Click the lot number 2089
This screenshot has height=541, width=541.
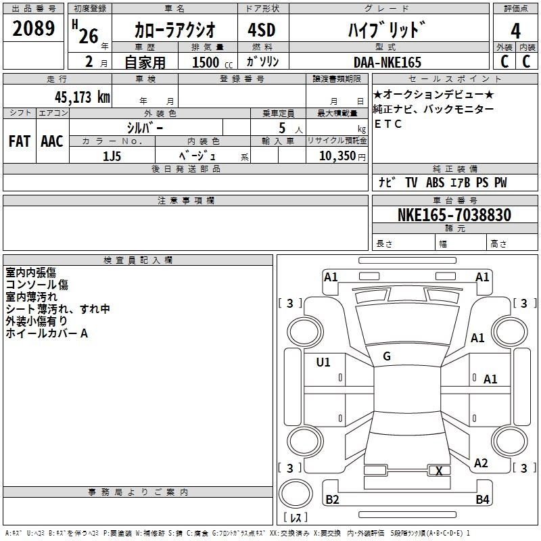coord(34,29)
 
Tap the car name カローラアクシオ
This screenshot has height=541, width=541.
coord(174,30)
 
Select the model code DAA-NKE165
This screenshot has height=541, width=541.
coord(387,62)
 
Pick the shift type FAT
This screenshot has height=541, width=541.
coord(20,141)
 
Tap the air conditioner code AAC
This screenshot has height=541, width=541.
coord(52,141)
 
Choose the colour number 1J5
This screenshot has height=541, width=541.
coord(112,156)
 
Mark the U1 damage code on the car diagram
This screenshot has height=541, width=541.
coord(323,362)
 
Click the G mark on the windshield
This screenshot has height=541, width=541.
coord(387,356)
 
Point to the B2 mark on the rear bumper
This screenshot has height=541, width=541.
coord(332,500)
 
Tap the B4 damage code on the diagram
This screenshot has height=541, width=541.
coord(482,500)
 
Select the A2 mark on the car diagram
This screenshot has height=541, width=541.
coord(481,463)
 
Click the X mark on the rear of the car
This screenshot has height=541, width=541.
coord(440,471)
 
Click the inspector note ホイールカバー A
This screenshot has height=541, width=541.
coord(47,333)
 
